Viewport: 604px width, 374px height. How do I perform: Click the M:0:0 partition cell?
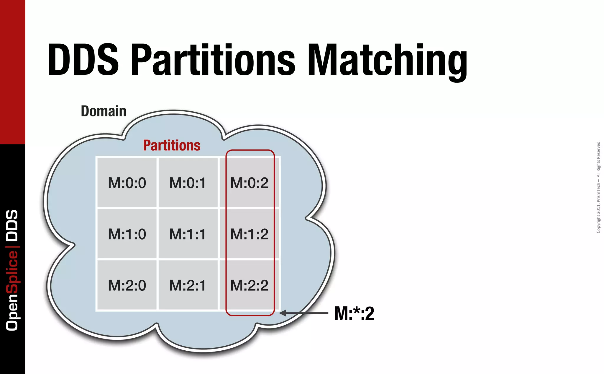coord(127,183)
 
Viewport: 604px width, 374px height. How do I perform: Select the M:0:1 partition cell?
coord(188,183)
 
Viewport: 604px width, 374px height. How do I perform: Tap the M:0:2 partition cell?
coord(249,183)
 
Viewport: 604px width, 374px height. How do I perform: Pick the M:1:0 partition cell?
coord(127,234)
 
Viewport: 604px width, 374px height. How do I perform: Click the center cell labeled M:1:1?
coord(188,234)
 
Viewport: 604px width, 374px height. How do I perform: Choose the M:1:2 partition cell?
coord(249,234)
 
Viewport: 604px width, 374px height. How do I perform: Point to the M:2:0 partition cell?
coord(127,285)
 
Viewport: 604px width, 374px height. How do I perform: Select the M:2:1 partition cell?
coord(188,285)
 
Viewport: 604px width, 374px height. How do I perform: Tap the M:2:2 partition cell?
coord(249,285)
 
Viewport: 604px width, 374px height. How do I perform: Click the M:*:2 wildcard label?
coord(354,313)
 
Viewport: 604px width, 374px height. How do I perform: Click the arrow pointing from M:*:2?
coord(304,313)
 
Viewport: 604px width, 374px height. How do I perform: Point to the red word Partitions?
coord(172,145)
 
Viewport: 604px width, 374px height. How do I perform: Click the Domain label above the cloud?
coord(104,111)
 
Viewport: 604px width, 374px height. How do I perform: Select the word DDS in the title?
coord(83,60)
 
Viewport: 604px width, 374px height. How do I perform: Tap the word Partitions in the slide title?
coord(213,60)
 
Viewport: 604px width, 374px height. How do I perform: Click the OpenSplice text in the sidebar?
coord(12,291)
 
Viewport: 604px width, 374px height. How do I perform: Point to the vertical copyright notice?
coord(598,187)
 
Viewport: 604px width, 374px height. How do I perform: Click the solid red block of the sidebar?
coord(12,71)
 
